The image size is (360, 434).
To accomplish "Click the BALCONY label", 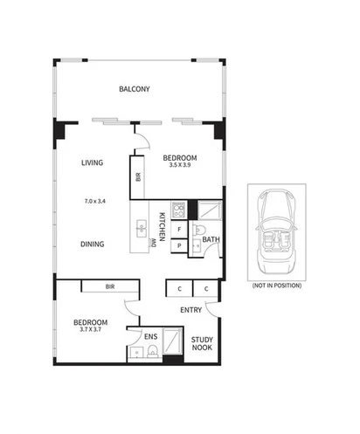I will point(135,89).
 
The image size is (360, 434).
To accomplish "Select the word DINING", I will point(93,245).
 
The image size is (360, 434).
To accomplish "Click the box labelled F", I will point(178,230).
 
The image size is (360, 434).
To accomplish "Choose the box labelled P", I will point(178,246).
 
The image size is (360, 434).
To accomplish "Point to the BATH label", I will point(210,239).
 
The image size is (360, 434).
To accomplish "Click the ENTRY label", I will point(191,310).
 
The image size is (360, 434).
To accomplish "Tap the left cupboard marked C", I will point(178,288).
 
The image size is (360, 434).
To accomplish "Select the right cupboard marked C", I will point(206,288).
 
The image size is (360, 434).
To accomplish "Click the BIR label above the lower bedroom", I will point(109,286).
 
